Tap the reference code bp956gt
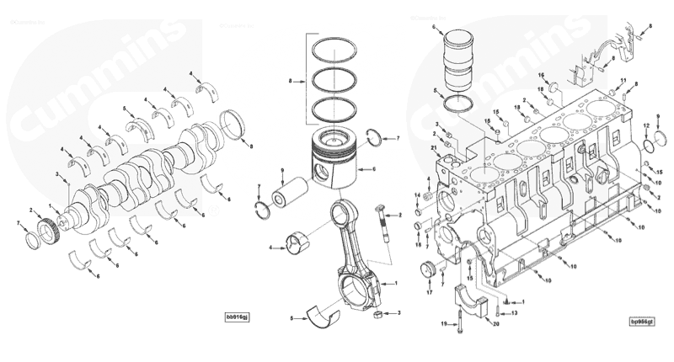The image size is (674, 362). click(x=644, y=321)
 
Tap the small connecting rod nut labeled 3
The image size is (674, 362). click(x=379, y=316)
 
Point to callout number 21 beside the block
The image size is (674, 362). click(x=433, y=148)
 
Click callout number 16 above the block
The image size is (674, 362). click(x=543, y=74)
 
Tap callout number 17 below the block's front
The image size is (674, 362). click(x=429, y=295)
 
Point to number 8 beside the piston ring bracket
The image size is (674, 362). click(x=289, y=81)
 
